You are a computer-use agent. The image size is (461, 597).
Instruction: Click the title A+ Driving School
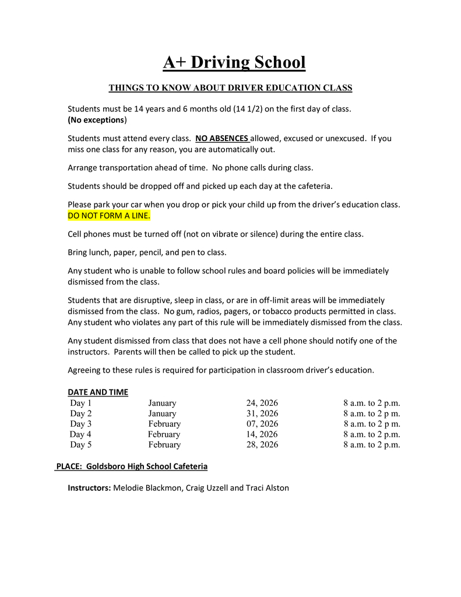234,62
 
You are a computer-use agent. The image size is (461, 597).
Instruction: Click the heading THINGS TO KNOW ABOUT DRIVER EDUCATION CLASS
230,88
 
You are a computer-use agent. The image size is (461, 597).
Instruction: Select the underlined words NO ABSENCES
222,139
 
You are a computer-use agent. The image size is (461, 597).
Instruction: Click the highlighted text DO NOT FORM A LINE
109,216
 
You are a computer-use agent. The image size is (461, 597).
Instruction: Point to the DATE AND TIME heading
98,392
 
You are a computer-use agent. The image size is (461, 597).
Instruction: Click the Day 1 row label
80,403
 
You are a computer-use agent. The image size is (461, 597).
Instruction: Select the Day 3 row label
80,424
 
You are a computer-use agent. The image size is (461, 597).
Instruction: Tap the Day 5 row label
80,445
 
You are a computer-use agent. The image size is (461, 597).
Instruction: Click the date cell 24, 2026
262,403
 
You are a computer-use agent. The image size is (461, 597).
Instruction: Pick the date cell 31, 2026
262,413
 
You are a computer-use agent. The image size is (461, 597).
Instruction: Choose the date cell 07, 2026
262,424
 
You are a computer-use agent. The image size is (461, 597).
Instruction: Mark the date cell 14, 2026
262,434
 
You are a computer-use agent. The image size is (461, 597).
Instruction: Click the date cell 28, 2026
262,445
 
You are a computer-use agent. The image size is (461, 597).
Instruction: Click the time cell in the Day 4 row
372,434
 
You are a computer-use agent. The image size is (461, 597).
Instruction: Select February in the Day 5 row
164,445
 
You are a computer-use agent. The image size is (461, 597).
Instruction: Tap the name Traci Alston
267,488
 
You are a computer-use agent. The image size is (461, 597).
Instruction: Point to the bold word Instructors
89,488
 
